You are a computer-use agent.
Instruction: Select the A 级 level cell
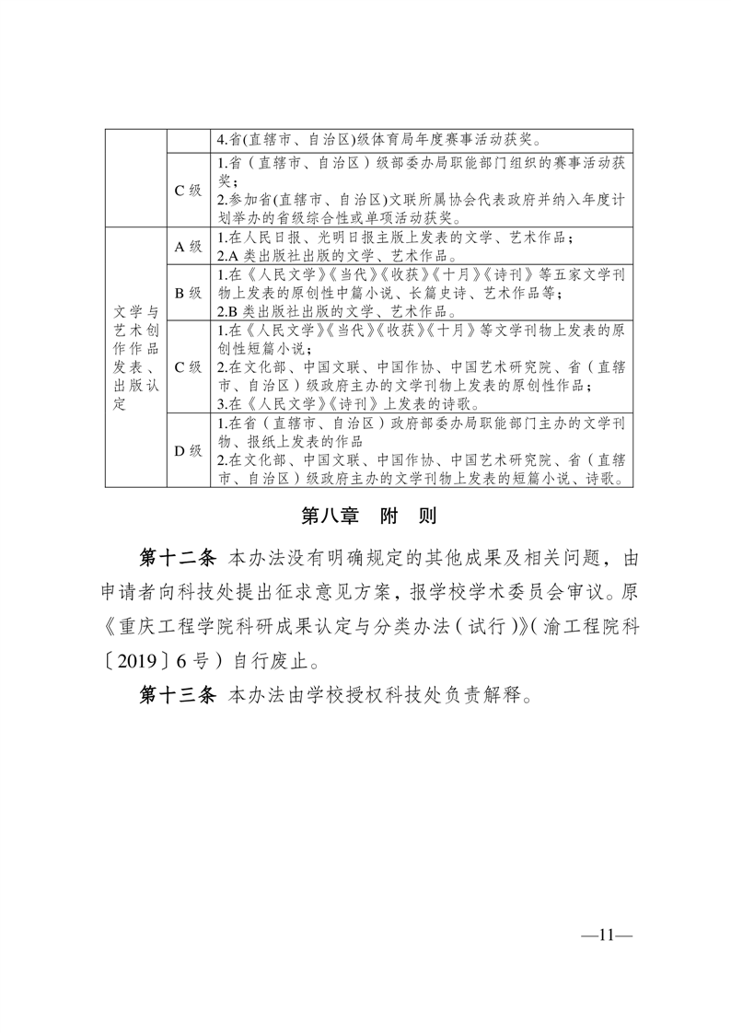tap(188, 246)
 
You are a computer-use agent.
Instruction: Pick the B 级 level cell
tap(188, 293)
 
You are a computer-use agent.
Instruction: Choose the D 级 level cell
tap(188, 450)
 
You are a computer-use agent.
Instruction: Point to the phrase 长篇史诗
tap(477, 295)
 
